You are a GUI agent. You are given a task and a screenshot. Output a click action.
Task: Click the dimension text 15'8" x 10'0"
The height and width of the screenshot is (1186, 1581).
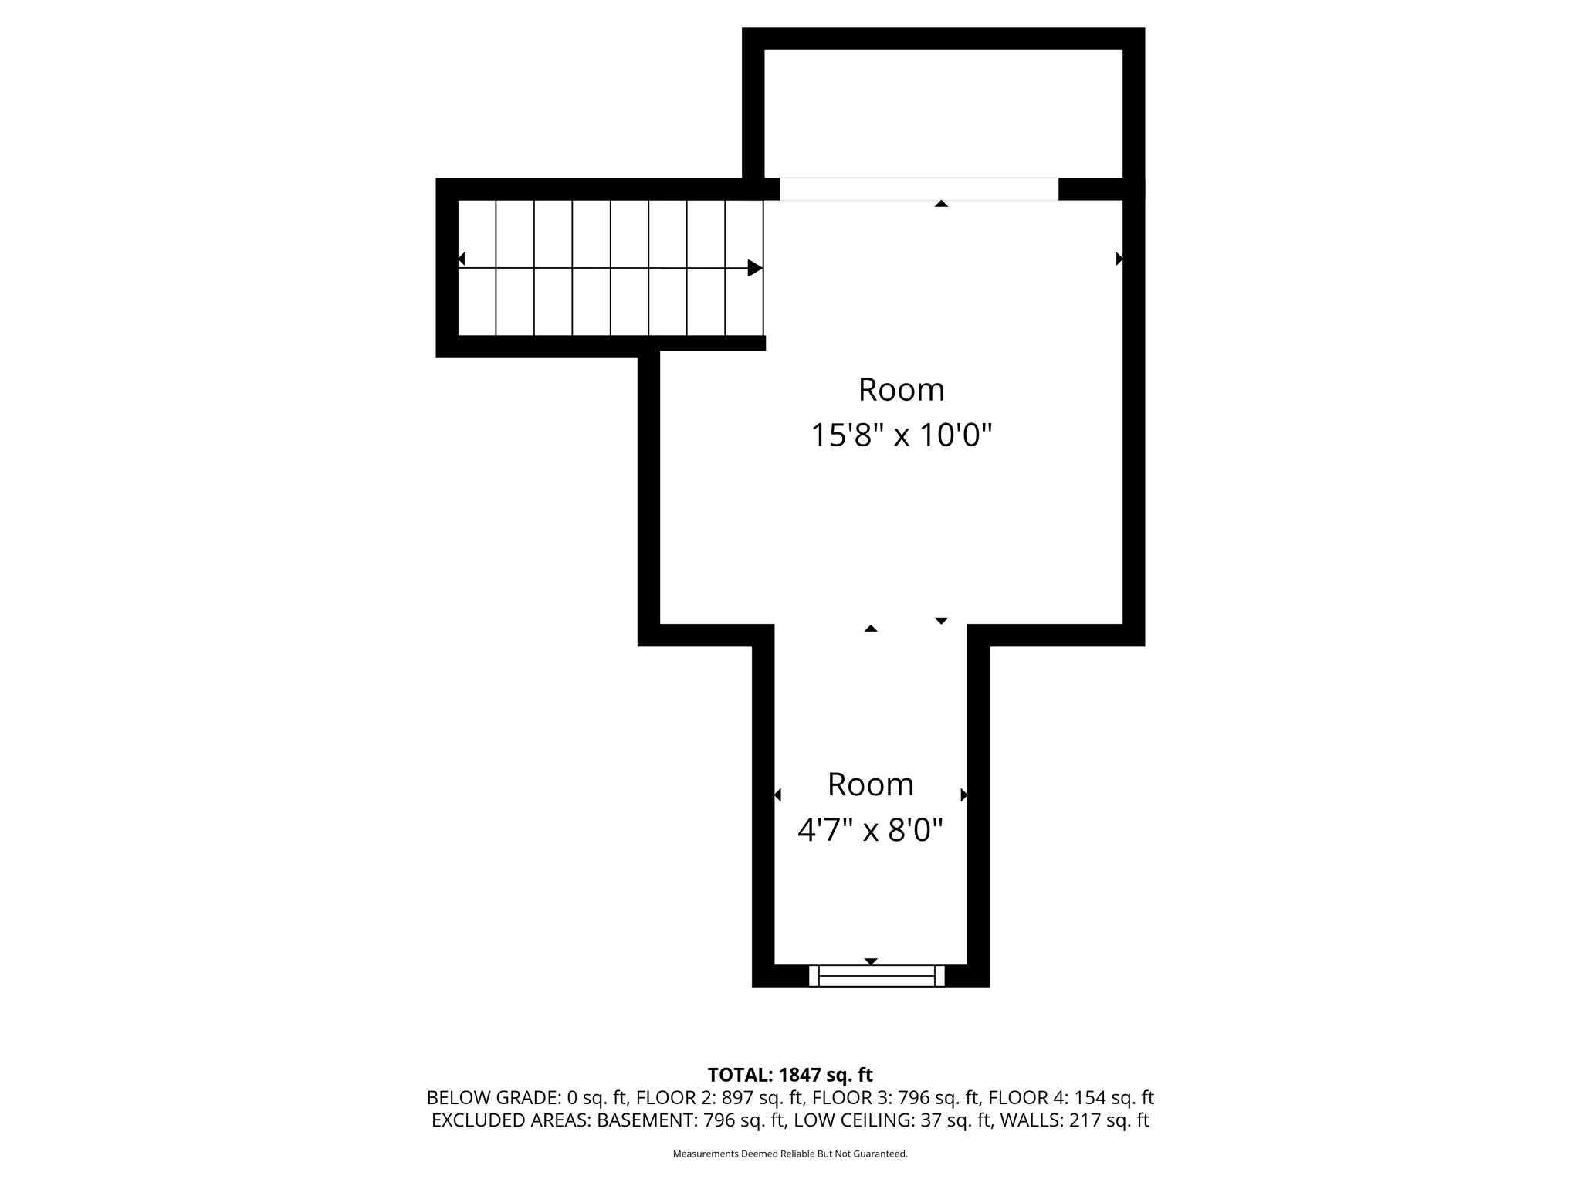[901, 435]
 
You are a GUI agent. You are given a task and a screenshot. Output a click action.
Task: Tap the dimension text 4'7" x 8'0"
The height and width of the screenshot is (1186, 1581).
[870, 831]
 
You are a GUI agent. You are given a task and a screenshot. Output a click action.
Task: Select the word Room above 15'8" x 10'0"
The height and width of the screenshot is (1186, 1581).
[901, 390]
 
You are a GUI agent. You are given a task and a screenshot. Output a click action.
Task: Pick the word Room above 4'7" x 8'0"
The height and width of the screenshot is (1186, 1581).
[870, 784]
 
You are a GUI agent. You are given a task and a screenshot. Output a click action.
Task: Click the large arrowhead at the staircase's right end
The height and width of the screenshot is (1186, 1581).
[755, 268]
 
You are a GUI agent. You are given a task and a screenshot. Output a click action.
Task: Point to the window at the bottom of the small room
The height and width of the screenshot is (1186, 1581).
[876, 976]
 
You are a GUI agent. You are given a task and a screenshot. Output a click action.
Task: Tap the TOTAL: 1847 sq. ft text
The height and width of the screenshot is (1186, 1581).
[790, 1075]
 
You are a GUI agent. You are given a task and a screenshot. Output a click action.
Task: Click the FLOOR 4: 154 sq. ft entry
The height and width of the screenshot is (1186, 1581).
[1071, 1097]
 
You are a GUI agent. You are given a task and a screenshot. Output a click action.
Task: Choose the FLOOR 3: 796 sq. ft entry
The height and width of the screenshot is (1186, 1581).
[895, 1097]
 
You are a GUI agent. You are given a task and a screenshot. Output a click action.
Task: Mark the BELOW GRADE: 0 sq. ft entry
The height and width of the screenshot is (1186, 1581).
[527, 1097]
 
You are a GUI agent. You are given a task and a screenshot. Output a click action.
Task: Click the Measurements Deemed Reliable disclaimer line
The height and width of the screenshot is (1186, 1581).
[790, 1154]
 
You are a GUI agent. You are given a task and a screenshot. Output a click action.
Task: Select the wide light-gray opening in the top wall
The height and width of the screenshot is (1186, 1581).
[919, 189]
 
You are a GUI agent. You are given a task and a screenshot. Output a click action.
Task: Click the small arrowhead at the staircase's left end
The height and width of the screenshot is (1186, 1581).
[462, 259]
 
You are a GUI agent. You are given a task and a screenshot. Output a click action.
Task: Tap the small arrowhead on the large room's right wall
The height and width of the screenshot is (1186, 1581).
[1119, 259]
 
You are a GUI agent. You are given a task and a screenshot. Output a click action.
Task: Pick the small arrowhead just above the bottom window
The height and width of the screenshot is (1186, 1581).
[871, 961]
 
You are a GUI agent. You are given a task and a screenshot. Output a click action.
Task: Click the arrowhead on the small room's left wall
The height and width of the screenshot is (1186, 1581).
[777, 795]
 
